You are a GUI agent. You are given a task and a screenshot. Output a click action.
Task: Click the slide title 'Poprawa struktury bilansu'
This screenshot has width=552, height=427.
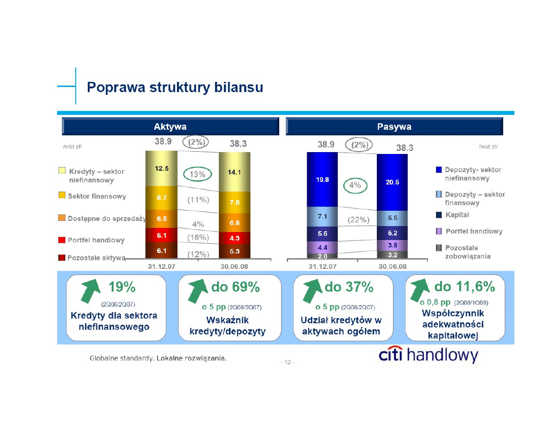tap(175, 87)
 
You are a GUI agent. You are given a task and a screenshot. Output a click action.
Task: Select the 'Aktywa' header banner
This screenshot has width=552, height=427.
tap(171, 127)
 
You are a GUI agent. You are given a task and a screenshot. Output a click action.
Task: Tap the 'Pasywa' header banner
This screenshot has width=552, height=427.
tap(394, 127)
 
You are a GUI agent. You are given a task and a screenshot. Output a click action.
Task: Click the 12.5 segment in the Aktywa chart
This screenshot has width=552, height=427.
tap(162, 168)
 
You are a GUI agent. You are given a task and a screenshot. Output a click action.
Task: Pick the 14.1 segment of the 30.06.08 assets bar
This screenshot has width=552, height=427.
tap(235, 172)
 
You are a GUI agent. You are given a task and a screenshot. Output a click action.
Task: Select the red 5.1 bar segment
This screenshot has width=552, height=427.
tap(162, 235)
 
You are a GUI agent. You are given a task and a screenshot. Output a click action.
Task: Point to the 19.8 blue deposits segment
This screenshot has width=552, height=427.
tap(322, 180)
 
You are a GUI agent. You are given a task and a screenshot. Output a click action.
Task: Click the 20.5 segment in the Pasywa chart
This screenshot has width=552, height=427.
tap(392, 182)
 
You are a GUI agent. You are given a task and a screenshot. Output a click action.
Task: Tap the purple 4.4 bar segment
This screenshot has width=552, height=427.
tap(322, 247)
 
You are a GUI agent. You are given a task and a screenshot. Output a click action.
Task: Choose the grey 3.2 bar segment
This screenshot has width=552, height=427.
tap(392, 255)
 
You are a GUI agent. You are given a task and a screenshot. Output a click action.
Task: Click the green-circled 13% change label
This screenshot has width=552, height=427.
tap(197, 174)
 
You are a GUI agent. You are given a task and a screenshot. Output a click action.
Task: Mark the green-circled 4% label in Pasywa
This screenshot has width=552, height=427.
tap(355, 185)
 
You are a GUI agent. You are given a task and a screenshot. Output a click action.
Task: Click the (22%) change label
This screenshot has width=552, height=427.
tap(358, 220)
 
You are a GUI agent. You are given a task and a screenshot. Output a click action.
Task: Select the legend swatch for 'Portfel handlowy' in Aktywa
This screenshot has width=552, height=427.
tap(62, 240)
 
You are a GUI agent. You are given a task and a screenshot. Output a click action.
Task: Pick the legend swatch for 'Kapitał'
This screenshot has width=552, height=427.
tap(439, 214)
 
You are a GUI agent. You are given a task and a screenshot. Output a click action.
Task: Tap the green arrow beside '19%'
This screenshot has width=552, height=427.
tap(90, 290)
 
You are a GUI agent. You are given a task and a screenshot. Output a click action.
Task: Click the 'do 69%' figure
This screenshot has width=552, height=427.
tap(236, 287)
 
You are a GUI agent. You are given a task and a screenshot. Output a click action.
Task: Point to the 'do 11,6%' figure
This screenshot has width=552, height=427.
tap(465, 287)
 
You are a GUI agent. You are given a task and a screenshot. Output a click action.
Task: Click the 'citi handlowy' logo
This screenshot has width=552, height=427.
tap(428, 355)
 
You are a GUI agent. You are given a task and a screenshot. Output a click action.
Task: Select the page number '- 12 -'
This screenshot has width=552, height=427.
tap(288, 362)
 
